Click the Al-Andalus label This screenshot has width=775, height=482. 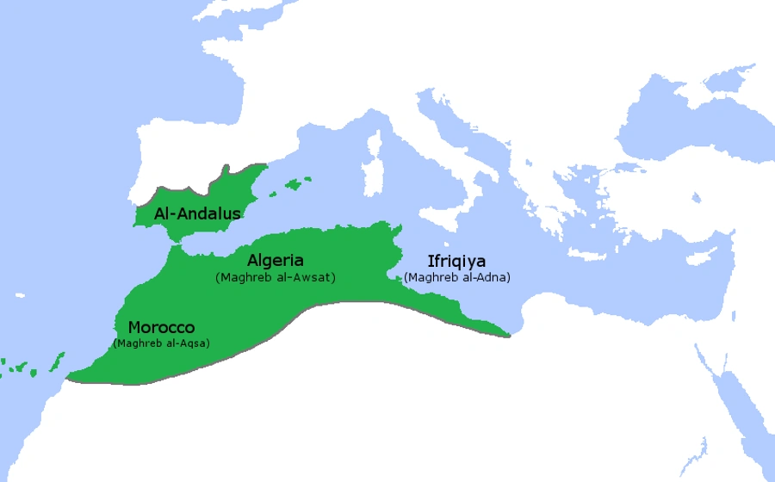click(x=197, y=213)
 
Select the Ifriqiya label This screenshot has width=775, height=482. click(x=456, y=261)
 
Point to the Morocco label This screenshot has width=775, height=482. click(x=161, y=328)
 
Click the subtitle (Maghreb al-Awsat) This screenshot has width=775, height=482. click(x=275, y=277)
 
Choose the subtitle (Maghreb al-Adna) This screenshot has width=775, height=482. click(x=456, y=277)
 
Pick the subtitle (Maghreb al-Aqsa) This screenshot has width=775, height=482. click(x=161, y=343)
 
